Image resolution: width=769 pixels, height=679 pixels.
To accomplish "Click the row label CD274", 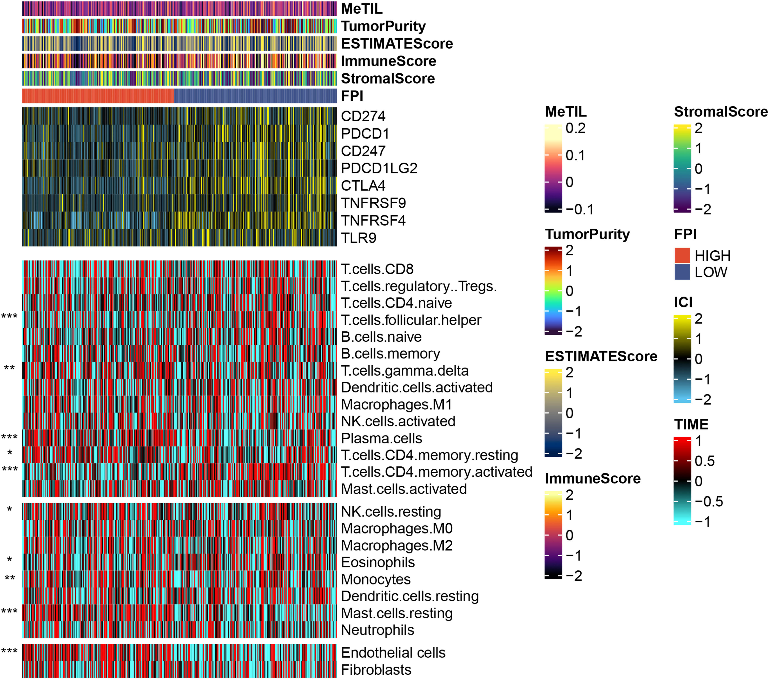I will tap(363, 116).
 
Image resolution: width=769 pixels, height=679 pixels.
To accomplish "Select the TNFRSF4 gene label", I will tap(373, 220).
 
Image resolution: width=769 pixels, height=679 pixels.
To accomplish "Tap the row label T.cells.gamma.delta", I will tap(404, 371).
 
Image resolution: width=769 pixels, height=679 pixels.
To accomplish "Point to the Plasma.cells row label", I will tap(381, 439).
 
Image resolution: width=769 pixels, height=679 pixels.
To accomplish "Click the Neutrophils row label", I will tap(377, 630).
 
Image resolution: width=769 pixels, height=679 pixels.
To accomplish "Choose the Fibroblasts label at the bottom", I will tap(376, 670).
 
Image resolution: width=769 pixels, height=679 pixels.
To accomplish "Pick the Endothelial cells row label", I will tap(393, 653).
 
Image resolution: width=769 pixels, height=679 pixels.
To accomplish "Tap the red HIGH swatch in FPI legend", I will tap(682, 256).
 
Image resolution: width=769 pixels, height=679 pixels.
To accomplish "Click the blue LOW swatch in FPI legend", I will tap(682, 272).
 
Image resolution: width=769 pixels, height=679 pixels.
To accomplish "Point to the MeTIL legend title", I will tap(566, 112).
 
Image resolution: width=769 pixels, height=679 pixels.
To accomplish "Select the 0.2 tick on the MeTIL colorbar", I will tap(576, 128).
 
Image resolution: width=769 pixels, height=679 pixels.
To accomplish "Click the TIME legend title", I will tap(691, 424).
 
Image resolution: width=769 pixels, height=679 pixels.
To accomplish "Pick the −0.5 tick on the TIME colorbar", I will tap(708, 501).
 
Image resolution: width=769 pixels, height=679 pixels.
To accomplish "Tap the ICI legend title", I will tap(683, 302).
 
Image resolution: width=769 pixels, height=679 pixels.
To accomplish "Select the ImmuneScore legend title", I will tap(593, 479).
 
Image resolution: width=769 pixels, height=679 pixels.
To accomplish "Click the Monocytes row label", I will tap(375, 580).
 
